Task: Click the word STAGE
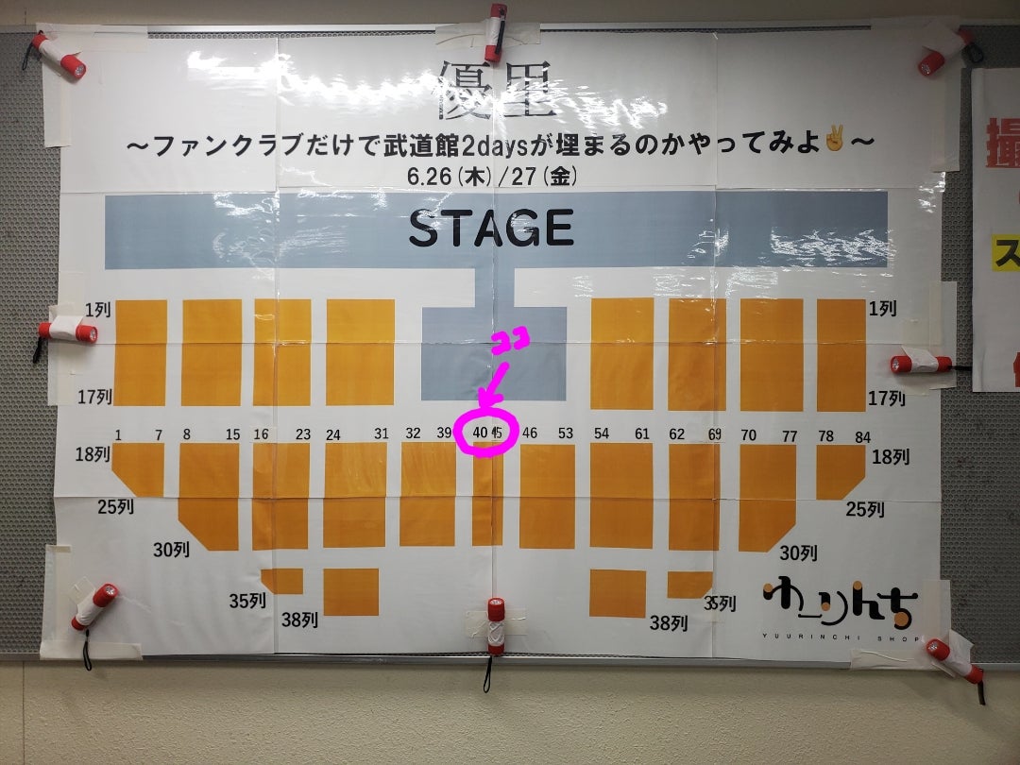point(490,229)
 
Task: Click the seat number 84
point(863,435)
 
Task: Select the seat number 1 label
point(119,434)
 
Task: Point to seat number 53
point(565,433)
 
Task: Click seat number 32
point(412,433)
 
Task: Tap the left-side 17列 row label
point(94,397)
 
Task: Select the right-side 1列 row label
point(884,309)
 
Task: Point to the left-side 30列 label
point(171,550)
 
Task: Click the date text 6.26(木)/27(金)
point(491,177)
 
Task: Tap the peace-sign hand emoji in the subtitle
point(834,143)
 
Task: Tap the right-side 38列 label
point(667,623)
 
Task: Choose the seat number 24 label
point(332,434)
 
